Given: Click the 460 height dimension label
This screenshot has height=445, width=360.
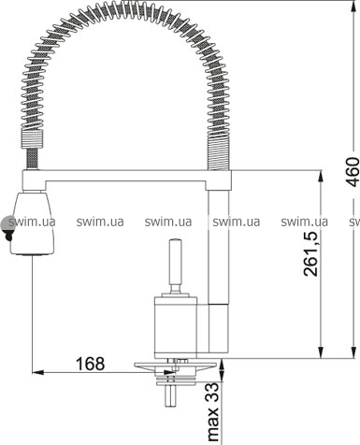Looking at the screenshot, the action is [x=353, y=172].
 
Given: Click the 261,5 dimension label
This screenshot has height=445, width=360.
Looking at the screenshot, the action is [x=310, y=254].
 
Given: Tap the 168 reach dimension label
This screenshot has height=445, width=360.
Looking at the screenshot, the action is [x=91, y=364].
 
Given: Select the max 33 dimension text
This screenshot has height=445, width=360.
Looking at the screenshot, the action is [x=213, y=411].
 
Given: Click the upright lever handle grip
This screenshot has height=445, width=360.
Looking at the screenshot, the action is [x=175, y=262].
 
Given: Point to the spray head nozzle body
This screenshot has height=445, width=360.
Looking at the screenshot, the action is [x=32, y=223].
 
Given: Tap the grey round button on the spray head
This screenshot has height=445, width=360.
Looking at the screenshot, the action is [x=7, y=223].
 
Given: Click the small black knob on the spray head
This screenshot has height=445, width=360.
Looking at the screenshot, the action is [x=9, y=238].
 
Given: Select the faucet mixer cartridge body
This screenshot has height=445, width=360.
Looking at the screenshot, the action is [x=176, y=327].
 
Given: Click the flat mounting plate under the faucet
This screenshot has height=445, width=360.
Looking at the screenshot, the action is [x=175, y=365].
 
